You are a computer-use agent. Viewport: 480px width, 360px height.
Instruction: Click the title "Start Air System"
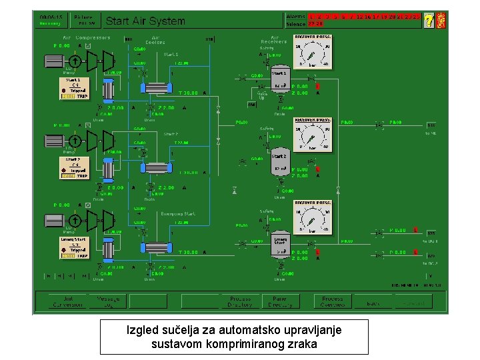click(x=145, y=21)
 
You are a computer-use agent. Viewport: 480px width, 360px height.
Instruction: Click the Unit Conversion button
click(x=68, y=301)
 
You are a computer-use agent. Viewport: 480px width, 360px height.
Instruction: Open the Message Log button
click(x=109, y=301)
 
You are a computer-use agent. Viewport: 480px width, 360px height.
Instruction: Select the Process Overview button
click(x=332, y=301)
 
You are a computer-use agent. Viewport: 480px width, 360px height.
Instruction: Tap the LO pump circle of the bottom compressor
click(x=75, y=220)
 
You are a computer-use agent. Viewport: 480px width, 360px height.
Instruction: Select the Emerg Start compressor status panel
click(x=74, y=247)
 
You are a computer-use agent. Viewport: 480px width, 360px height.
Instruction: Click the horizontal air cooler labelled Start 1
click(x=157, y=89)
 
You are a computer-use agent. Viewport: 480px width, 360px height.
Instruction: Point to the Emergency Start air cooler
click(x=157, y=247)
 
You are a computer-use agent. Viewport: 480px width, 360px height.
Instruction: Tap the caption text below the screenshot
click(x=234, y=337)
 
